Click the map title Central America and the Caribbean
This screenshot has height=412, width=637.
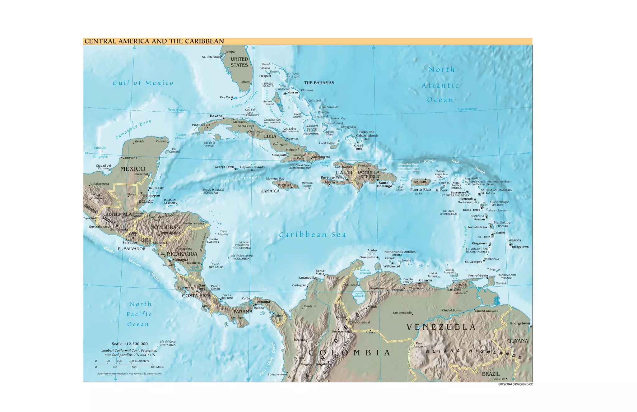coord(154,41)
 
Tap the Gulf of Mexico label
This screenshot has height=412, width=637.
coord(143,83)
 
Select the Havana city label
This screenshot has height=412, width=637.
coord(216,116)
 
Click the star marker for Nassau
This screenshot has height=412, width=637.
coord(285,94)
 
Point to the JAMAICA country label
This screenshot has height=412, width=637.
coord(270,191)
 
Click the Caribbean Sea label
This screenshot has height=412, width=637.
coord(312,235)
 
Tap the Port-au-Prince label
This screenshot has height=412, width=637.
coord(333,178)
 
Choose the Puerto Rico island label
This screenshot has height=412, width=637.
coord(421,190)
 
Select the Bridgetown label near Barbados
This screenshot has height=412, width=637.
coord(520,247)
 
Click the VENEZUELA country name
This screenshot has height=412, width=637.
coord(441,327)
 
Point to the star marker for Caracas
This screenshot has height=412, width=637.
coord(420,284)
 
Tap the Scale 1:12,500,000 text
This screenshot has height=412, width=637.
coord(130,344)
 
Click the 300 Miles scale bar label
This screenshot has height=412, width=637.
coord(157,367)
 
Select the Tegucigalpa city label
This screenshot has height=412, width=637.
coord(170,233)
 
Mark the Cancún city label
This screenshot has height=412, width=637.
coord(161,141)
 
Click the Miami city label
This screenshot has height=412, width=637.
coord(246,82)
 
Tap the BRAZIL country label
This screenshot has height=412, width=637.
coord(491,374)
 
